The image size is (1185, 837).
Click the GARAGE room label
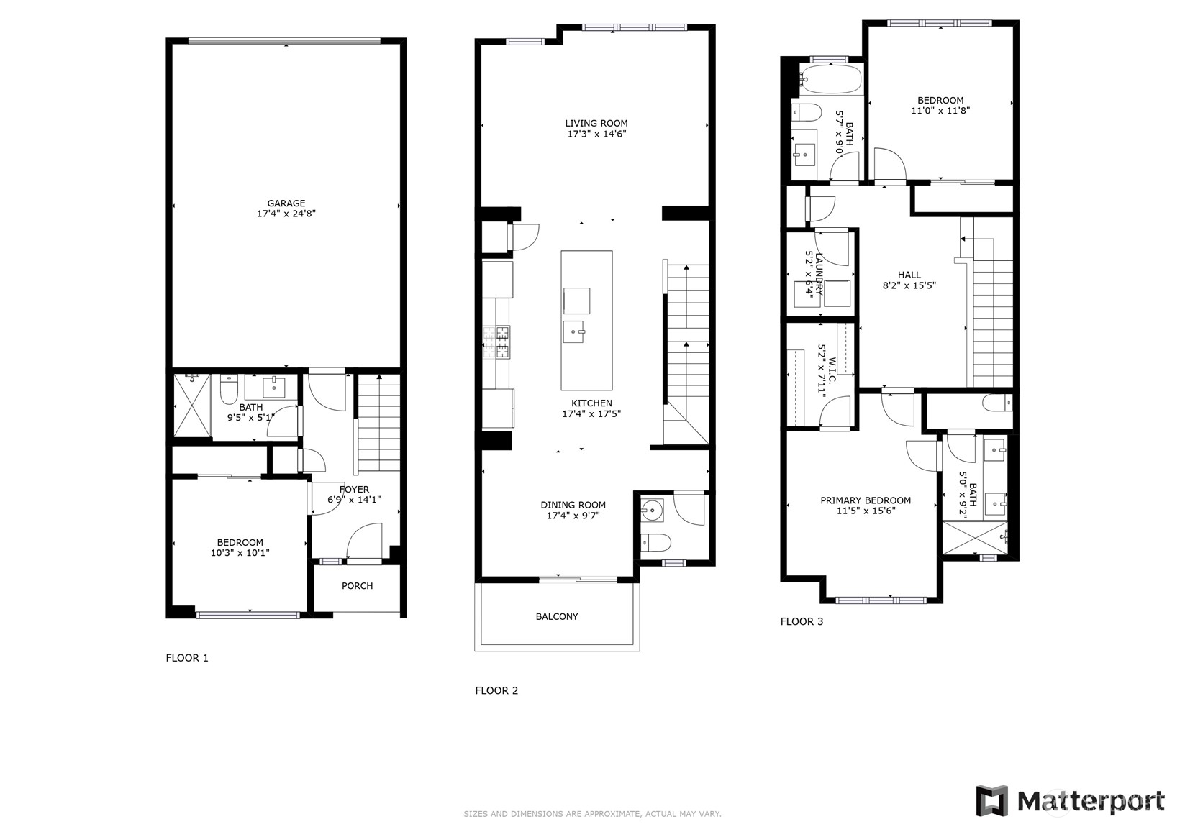pyautogui.click(x=286, y=203)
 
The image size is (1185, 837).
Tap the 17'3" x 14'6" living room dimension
pyautogui.click(x=596, y=134)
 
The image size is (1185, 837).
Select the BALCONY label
pyautogui.click(x=557, y=616)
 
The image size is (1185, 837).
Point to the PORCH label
pyautogui.click(x=357, y=586)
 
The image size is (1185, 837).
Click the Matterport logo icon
pyautogui.click(x=992, y=801)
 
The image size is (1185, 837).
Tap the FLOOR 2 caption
pyautogui.click(x=496, y=690)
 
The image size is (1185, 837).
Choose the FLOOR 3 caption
pyautogui.click(x=802, y=621)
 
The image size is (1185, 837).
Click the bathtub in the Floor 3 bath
pyautogui.click(x=830, y=80)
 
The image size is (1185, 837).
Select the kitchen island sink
pyautogui.click(x=573, y=332)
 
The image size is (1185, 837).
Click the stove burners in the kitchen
pyautogui.click(x=496, y=342)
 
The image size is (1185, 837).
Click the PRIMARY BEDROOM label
pyautogui.click(x=866, y=500)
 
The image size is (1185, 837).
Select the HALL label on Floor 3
pyautogui.click(x=909, y=275)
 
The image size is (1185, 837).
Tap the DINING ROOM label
pyautogui.click(x=573, y=505)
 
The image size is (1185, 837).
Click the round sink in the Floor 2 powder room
pyautogui.click(x=651, y=511)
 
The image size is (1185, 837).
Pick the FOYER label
pyautogui.click(x=354, y=490)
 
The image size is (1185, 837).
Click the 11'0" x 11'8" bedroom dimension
pyautogui.click(x=940, y=111)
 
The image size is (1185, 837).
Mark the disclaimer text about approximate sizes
pyautogui.click(x=593, y=814)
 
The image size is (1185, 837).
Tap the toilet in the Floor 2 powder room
pyautogui.click(x=655, y=542)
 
